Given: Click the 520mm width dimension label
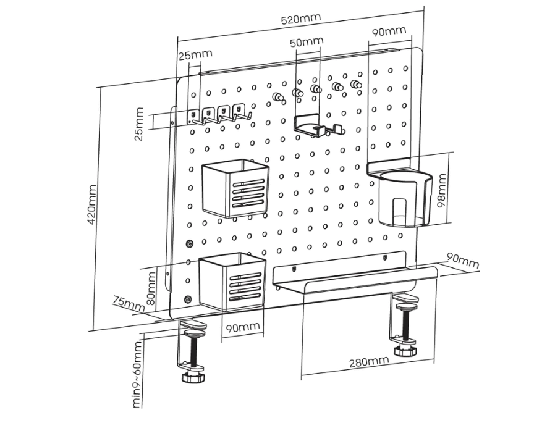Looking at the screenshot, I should pyautogui.click(x=301, y=19).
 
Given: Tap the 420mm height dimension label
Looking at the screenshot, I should pyautogui.click(x=92, y=204).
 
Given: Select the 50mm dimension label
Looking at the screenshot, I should pyautogui.click(x=307, y=41).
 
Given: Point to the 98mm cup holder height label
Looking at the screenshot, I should pyautogui.click(x=441, y=191).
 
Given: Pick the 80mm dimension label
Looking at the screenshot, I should pyautogui.click(x=151, y=286).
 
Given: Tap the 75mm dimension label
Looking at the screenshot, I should pyautogui.click(x=129, y=303).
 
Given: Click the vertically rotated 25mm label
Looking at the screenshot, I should pyautogui.click(x=139, y=124).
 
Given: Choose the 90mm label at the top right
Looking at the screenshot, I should pyautogui.click(x=389, y=30).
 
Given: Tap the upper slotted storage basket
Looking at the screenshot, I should pyautogui.click(x=235, y=188).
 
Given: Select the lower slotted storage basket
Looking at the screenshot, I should pyautogui.click(x=232, y=282).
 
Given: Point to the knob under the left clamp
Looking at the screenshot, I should pyautogui.click(x=194, y=377).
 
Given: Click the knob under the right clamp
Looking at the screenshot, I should pyautogui.click(x=405, y=351).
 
